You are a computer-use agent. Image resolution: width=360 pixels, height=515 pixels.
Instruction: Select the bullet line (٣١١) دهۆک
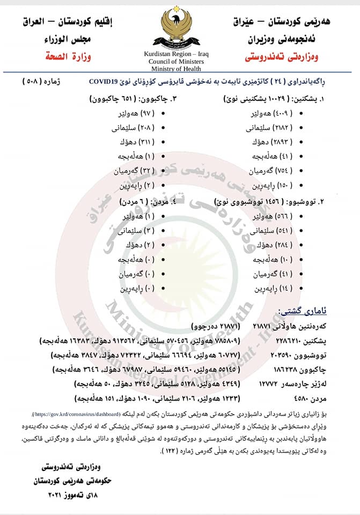pyautogui.click(x=134, y=142)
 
